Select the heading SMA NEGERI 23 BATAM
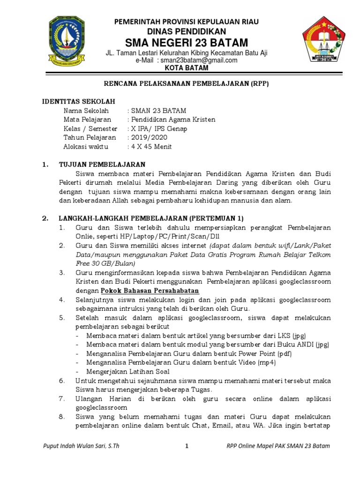point(187,43)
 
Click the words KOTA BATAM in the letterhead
point(187,67)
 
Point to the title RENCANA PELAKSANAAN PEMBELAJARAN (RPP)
point(186,83)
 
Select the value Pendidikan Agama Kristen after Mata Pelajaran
point(173,120)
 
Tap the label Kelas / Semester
point(90,128)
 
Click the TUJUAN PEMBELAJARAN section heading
point(102,165)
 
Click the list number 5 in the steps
point(61,317)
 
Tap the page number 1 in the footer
point(187,446)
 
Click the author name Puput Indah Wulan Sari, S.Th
point(81,446)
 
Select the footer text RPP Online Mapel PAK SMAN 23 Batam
point(277,446)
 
